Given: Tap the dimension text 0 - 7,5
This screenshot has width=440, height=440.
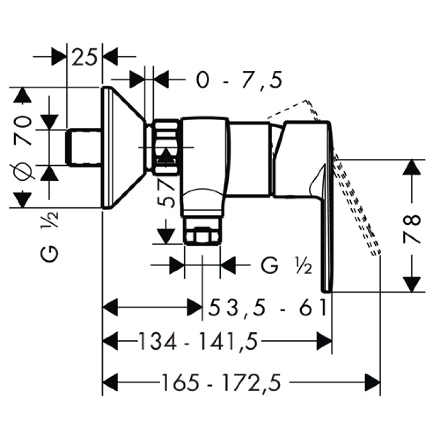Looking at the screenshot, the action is (239, 80).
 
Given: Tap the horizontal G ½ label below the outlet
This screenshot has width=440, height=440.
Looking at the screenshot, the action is (286, 265).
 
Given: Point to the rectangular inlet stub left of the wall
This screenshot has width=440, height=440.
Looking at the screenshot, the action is (84, 147).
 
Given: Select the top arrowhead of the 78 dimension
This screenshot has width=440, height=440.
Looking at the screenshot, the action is (411, 167).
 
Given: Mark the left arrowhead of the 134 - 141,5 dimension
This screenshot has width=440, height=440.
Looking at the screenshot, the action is (110, 341).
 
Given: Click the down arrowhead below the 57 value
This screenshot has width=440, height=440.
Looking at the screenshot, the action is (166, 237).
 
